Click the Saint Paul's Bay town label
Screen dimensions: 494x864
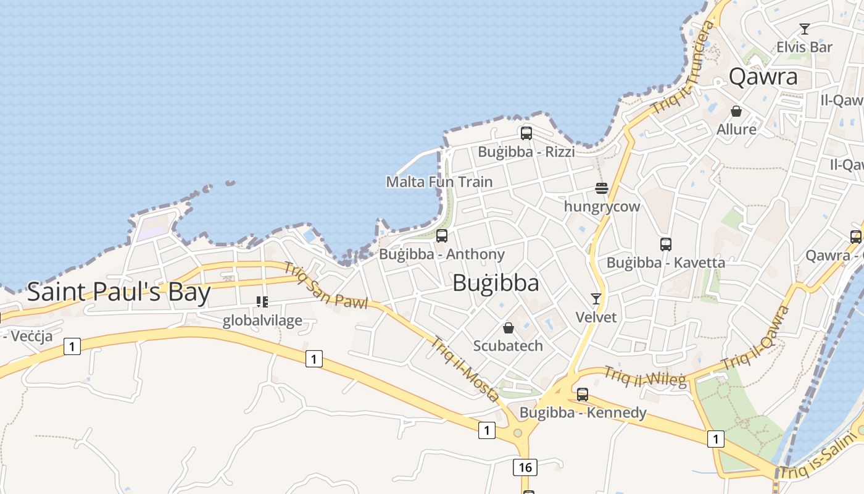(x=118, y=291)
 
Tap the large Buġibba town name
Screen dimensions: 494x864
(x=496, y=283)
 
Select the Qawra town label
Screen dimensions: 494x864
(x=763, y=77)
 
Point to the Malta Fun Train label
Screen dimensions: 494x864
(x=439, y=182)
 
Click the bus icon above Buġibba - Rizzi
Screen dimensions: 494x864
(x=526, y=133)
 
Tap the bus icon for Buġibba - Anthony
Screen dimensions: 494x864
(x=441, y=235)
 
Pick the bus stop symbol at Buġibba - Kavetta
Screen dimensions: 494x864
(x=665, y=244)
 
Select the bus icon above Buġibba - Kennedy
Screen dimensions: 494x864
(x=582, y=394)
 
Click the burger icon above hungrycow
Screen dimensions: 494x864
(x=602, y=188)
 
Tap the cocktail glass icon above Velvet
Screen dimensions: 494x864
(x=596, y=299)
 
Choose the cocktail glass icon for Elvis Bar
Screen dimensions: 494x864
(x=804, y=28)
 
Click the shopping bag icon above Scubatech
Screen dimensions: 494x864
(x=508, y=327)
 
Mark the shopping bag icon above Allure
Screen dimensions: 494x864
(x=736, y=111)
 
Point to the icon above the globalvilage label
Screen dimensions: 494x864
(x=262, y=302)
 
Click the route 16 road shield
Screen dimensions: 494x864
(x=525, y=467)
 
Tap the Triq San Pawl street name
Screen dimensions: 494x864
(x=325, y=285)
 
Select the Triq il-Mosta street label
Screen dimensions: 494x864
(x=464, y=369)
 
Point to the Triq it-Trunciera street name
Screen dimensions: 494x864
(x=683, y=68)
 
